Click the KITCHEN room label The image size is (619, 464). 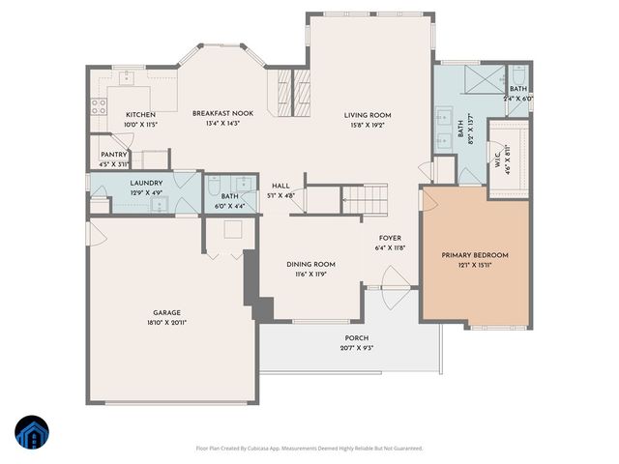(x=140, y=115)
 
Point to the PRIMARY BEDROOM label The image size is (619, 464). (x=475, y=255)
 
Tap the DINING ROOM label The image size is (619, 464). (x=310, y=264)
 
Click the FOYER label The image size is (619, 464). (x=390, y=238)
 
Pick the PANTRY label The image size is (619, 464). (x=113, y=154)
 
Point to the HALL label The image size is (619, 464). (x=280, y=187)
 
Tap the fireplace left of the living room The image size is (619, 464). (x=296, y=90)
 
